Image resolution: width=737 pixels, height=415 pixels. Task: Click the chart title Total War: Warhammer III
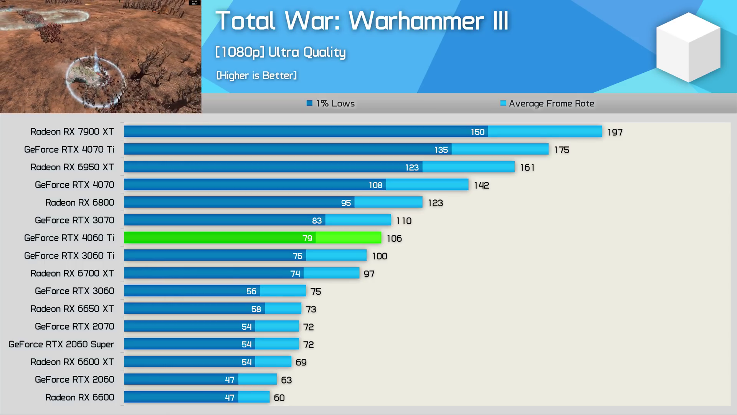coord(362,21)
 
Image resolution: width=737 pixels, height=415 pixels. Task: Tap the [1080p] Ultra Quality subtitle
coord(280,52)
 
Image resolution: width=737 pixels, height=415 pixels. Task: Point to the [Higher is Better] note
coord(256,75)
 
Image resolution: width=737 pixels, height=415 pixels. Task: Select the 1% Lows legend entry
coord(330,103)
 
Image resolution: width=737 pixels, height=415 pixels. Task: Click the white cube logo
coord(688,47)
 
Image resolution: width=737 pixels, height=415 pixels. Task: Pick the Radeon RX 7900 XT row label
coord(72,132)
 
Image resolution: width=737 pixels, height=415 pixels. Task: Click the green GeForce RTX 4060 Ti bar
coord(252,238)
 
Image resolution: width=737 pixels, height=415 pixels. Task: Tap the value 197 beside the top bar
coord(615,133)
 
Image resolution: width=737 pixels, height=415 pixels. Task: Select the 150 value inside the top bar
coord(478,132)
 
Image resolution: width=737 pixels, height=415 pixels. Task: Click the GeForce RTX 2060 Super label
coord(61,344)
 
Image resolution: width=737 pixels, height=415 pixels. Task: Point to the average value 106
coord(394,239)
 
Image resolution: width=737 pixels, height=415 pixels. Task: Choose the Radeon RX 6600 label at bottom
coord(80,397)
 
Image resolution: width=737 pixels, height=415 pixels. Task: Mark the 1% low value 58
coord(256,309)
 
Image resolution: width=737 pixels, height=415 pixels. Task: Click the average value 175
coord(561,150)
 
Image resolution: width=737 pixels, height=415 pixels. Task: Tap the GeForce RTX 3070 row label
coord(74,220)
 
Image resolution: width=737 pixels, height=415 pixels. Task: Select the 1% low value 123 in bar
coord(412,168)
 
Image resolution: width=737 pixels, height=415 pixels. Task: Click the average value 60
coord(279,398)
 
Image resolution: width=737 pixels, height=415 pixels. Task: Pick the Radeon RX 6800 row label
coord(80,203)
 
